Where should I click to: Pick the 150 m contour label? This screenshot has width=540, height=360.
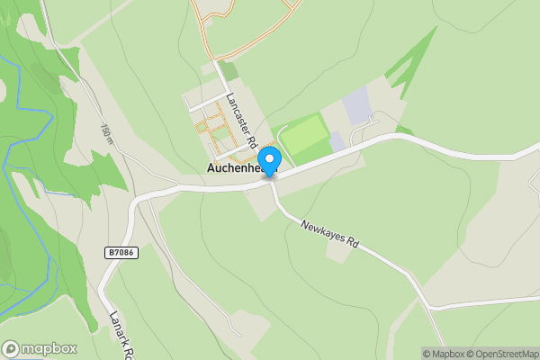107,133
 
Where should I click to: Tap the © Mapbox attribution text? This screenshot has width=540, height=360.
442,354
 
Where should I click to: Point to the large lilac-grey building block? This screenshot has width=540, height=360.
356,106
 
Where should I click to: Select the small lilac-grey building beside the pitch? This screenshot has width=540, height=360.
337,141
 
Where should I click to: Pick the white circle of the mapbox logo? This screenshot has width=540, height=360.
12,348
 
